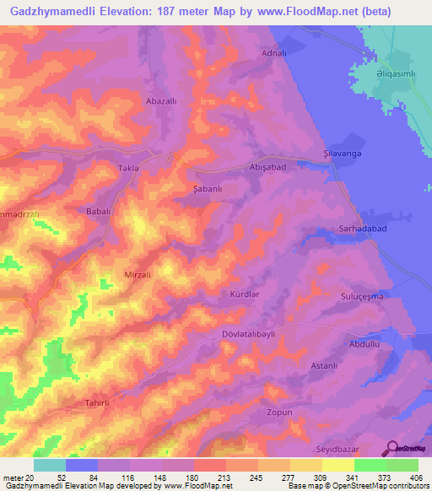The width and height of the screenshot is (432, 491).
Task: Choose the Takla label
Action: click(127, 169)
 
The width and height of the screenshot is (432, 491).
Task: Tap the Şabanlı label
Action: click(207, 190)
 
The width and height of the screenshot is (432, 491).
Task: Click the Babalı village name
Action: click(100, 212)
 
